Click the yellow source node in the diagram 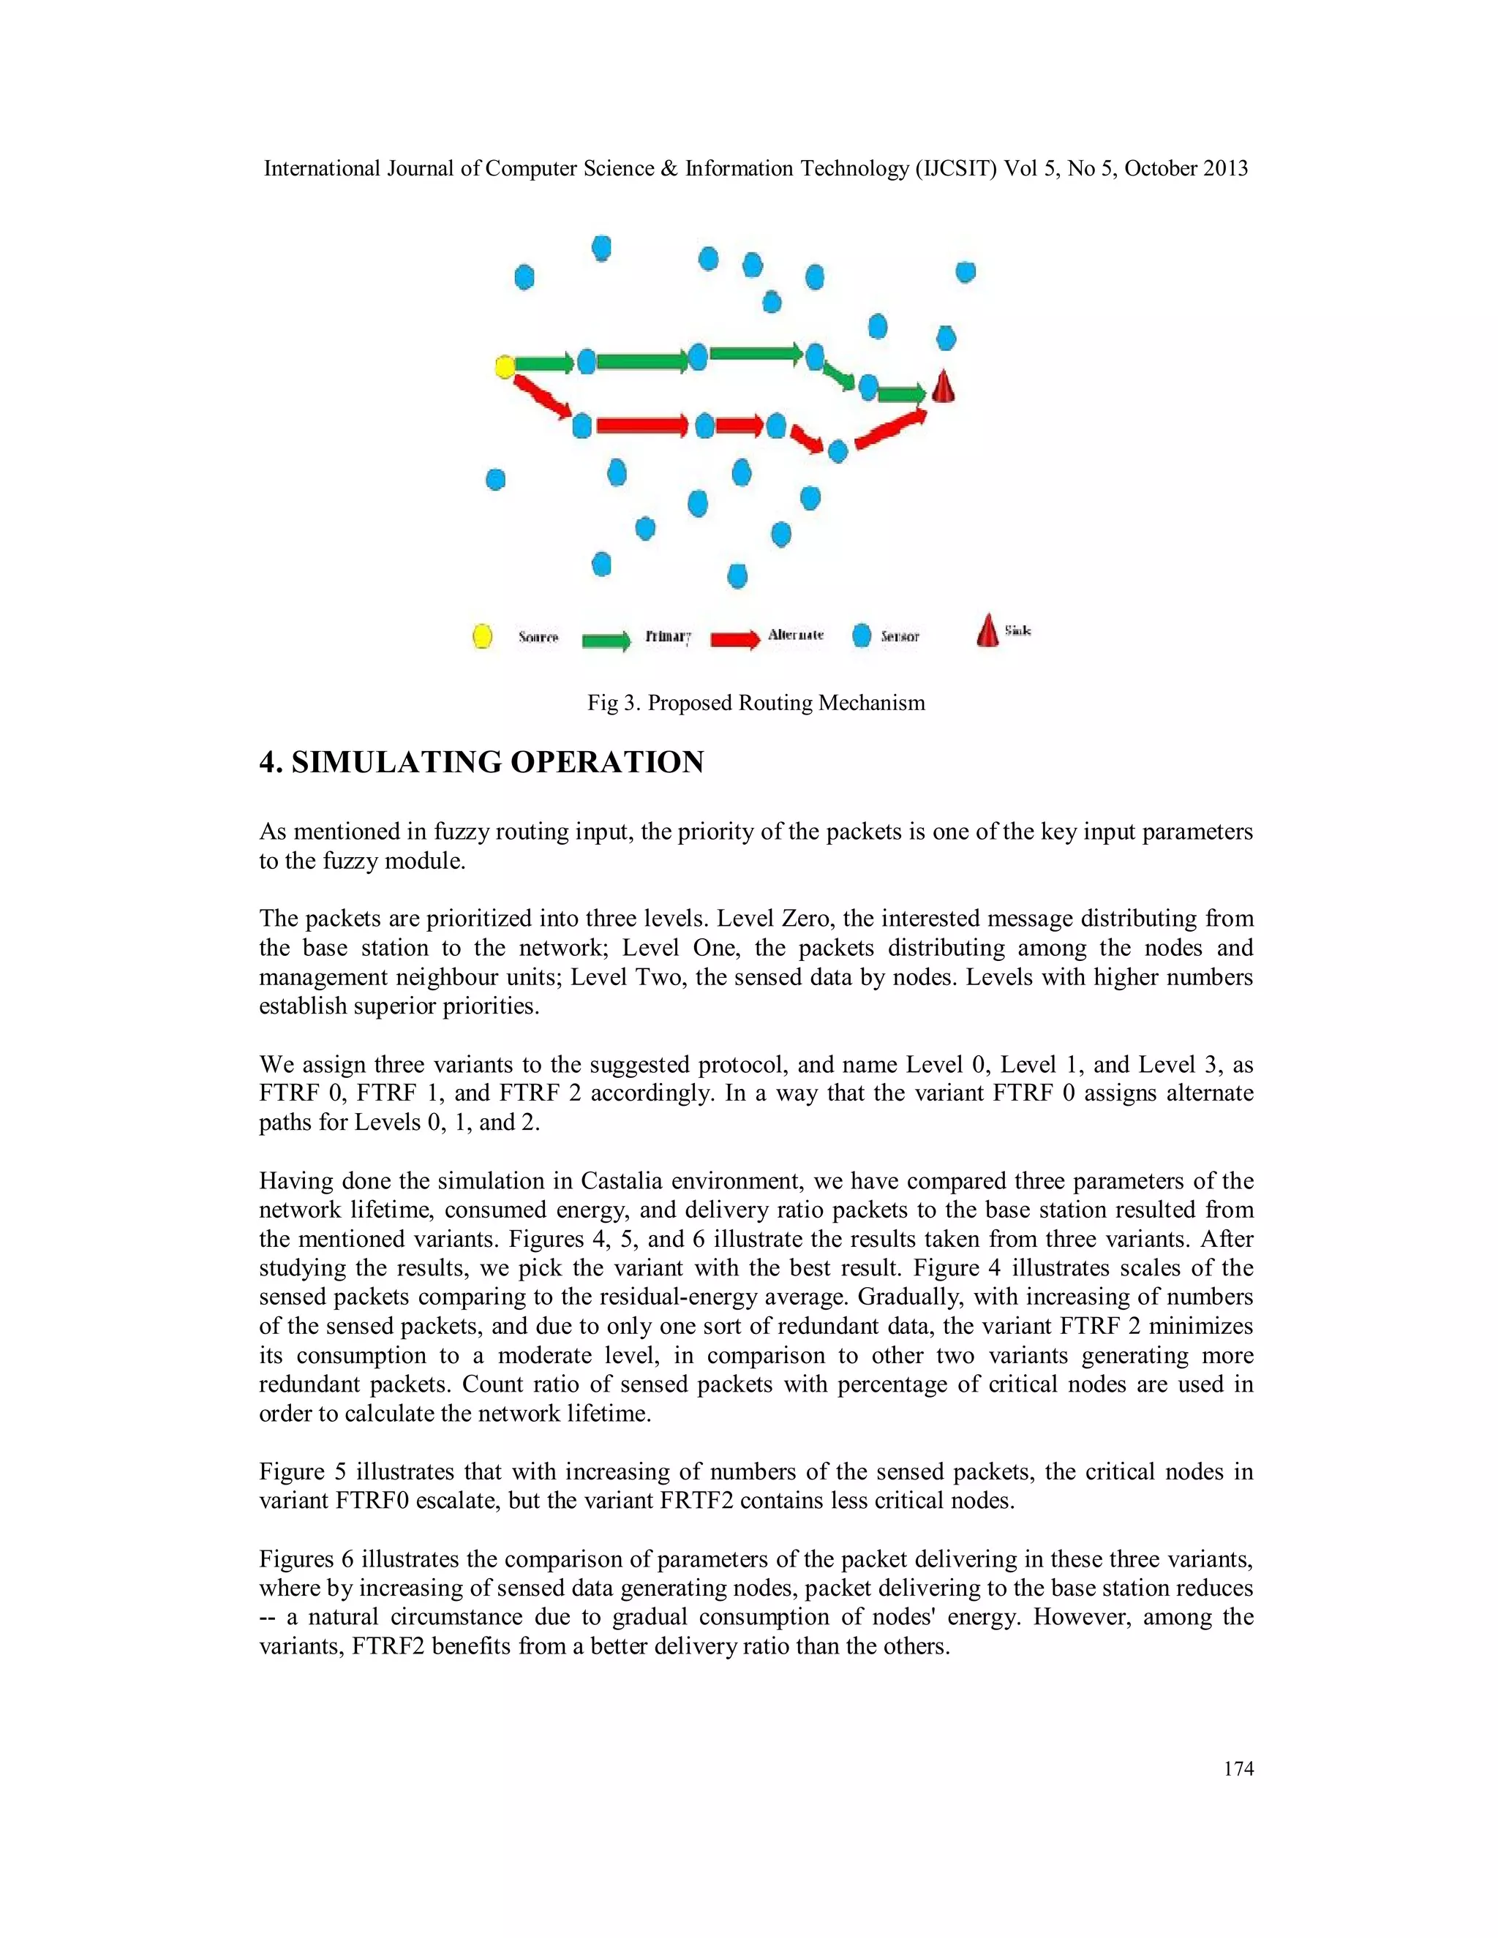tap(504, 366)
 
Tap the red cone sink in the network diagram tap(944, 387)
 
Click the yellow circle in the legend tap(482, 636)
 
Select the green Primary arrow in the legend tap(606, 640)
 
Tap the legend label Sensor tap(900, 636)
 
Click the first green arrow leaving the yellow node tap(544, 363)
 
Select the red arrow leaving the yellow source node tap(542, 396)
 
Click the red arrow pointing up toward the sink tap(890, 429)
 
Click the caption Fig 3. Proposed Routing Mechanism tap(756, 703)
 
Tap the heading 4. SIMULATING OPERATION tap(481, 762)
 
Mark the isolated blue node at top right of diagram tap(966, 271)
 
